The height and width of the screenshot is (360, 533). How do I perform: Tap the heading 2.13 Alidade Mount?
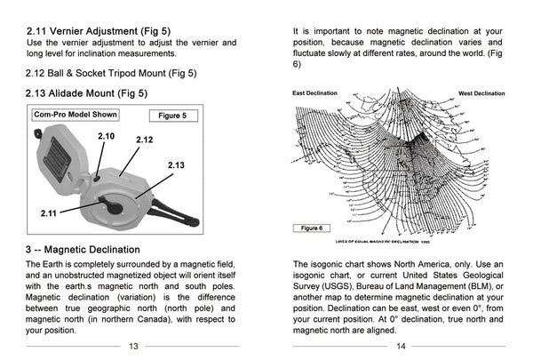pyautogui.click(x=86, y=92)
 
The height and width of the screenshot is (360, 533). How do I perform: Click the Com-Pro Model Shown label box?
pyautogui.click(x=75, y=115)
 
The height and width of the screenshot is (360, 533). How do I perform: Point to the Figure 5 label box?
pyautogui.click(x=171, y=116)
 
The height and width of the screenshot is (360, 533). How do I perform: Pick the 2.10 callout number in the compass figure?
pyautogui.click(x=106, y=135)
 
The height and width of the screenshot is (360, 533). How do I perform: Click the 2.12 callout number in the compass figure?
pyautogui.click(x=144, y=140)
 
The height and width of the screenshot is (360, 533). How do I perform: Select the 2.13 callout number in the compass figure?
pyautogui.click(x=176, y=165)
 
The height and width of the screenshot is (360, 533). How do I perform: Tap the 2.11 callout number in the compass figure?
pyautogui.click(x=50, y=213)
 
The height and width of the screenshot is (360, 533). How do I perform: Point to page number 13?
pyautogui.click(x=133, y=347)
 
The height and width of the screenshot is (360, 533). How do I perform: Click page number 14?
pyautogui.click(x=401, y=347)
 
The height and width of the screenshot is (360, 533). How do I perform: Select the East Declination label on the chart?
pyautogui.click(x=315, y=92)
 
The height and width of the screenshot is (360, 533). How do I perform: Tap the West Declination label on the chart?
pyautogui.click(x=481, y=92)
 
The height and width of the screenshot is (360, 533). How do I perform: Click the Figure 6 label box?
pyautogui.click(x=312, y=228)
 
